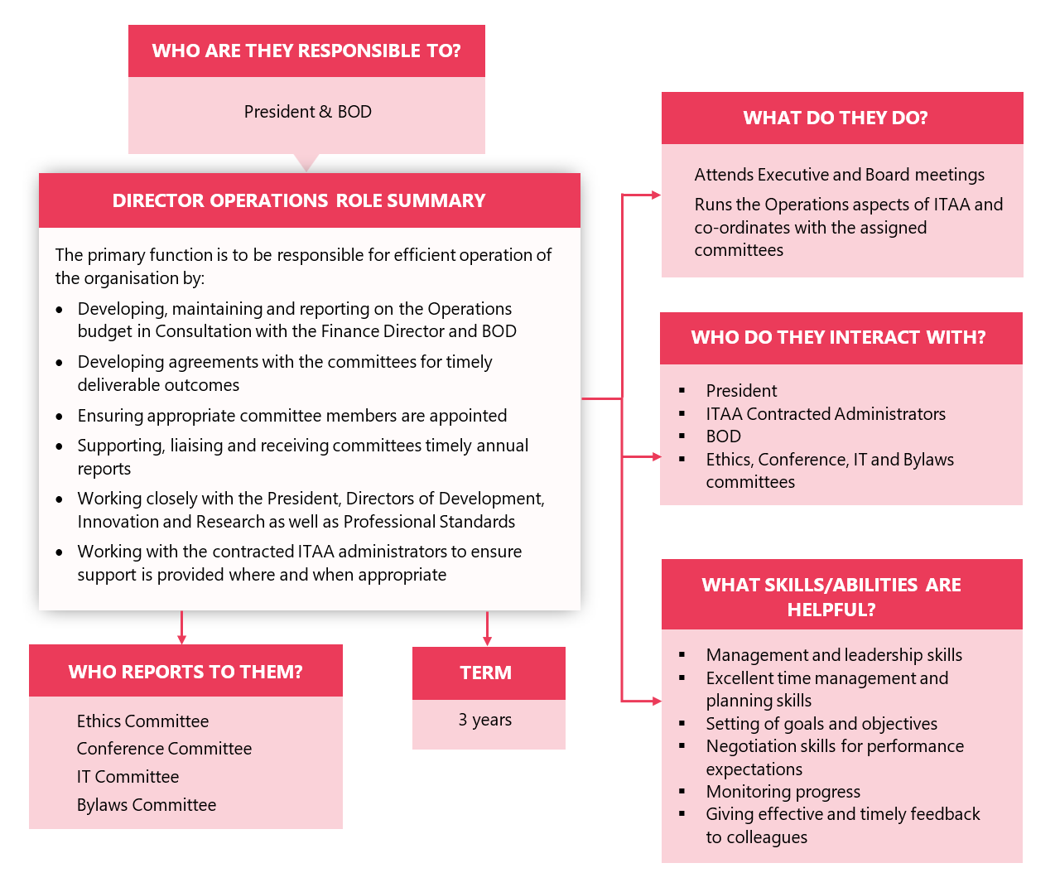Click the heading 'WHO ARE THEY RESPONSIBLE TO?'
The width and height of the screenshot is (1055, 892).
pyautogui.click(x=306, y=51)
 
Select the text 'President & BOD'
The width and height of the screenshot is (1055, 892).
pyautogui.click(x=307, y=112)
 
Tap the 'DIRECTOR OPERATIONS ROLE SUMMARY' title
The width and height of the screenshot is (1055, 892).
pyautogui.click(x=299, y=201)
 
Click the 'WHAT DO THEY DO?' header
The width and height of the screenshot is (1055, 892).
pyautogui.click(x=836, y=118)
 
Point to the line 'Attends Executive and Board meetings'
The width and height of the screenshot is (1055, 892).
pyautogui.click(x=839, y=175)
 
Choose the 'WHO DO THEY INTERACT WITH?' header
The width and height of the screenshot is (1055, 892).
pyautogui.click(x=838, y=338)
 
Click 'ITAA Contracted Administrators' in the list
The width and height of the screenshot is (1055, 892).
pyautogui.click(x=825, y=414)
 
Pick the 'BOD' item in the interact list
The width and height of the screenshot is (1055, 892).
pyautogui.click(x=723, y=436)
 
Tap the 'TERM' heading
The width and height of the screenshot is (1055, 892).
pyautogui.click(x=486, y=673)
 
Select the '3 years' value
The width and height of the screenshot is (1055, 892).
pyautogui.click(x=485, y=721)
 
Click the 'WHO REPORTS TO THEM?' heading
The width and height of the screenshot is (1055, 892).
pyautogui.click(x=185, y=672)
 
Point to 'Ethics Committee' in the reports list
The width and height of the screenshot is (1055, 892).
pyautogui.click(x=142, y=721)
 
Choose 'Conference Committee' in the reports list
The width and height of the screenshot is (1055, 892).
pyautogui.click(x=164, y=749)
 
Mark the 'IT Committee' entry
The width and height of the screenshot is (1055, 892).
pyautogui.click(x=128, y=777)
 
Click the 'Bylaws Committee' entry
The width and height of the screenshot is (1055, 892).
pyautogui.click(x=147, y=805)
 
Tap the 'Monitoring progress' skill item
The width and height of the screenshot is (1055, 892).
pyautogui.click(x=783, y=792)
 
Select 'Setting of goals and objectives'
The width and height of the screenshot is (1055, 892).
pyautogui.click(x=821, y=724)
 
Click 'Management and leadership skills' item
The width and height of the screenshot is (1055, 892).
pyautogui.click(x=834, y=655)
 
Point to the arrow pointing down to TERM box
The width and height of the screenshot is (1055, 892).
pyautogui.click(x=487, y=629)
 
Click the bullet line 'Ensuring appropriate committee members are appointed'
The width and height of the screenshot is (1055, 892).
pyautogui.click(x=291, y=416)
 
